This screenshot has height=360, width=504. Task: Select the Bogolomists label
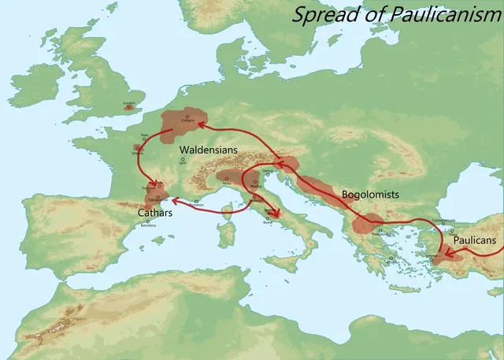point(371,194)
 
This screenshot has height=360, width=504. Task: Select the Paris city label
point(144,135)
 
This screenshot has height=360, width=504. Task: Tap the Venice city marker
point(268,169)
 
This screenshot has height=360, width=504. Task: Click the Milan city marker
point(227,180)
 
